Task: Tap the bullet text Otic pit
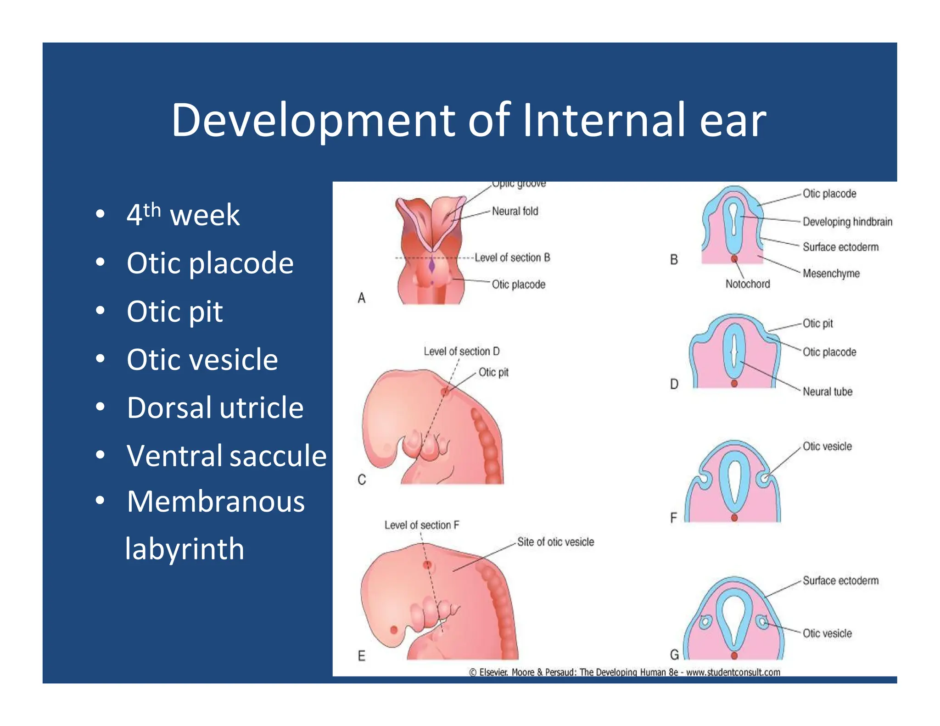coord(174,312)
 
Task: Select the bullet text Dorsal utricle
coord(215,408)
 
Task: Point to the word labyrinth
coord(185,549)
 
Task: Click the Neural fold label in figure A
coord(515,211)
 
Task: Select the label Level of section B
coord(512,257)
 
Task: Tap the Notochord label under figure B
coord(747,284)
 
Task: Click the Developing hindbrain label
coord(847,222)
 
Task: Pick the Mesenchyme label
coord(831,274)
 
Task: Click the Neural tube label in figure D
coord(827,391)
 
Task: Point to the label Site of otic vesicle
coord(555,542)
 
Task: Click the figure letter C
coord(362,480)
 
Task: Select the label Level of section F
coord(421,525)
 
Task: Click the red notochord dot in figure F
coord(734,518)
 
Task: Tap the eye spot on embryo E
coord(394,630)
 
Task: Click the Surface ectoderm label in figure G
coord(840,581)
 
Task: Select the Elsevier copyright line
coord(624,672)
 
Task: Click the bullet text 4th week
coord(183,214)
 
